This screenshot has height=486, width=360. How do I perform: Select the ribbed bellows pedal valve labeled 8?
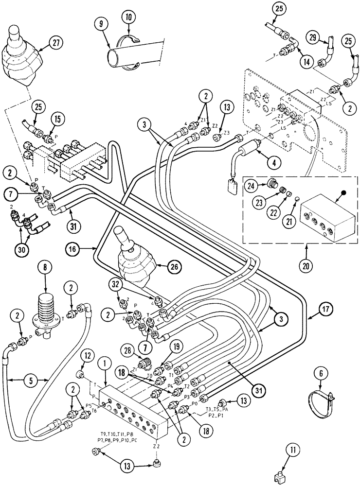pos(47,309)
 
